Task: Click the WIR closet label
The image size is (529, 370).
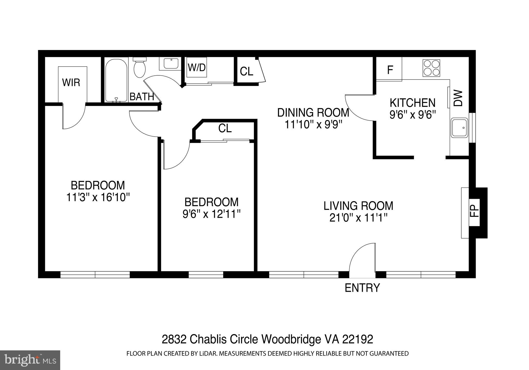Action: point(71,83)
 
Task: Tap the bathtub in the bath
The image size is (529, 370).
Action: point(116,80)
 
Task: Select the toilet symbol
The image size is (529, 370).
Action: point(140,68)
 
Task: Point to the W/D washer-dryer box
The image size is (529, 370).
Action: point(197,67)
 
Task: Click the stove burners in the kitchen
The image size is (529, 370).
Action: point(431,68)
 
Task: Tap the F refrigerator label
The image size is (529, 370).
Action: point(390,69)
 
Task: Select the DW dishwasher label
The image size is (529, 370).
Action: point(458,98)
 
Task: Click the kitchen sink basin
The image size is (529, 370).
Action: point(459,128)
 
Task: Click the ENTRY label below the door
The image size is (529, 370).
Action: point(362,288)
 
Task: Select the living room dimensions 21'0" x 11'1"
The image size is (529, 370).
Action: point(359,218)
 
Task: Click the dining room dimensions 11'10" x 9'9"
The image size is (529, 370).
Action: point(313,125)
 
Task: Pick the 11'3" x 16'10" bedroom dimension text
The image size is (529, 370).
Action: point(98,198)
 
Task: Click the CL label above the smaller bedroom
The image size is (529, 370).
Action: point(225,128)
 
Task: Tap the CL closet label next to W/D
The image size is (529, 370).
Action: point(246,72)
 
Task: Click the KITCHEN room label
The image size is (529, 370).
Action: point(413,103)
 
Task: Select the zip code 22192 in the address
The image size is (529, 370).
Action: point(357,339)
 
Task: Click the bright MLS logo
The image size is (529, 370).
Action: point(30,360)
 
